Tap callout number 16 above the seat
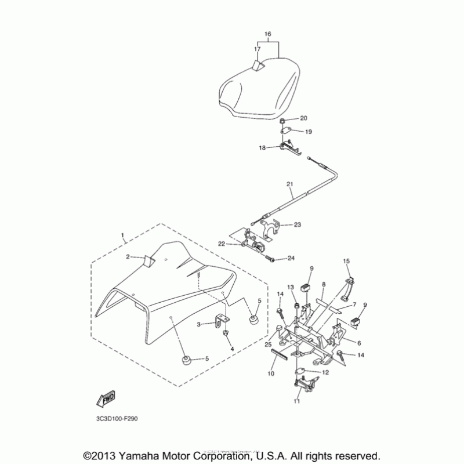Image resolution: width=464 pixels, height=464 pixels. [267, 34]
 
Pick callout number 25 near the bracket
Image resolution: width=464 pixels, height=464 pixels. [267, 345]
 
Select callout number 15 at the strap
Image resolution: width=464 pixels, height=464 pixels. [346, 262]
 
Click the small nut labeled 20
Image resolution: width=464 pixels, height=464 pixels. [282, 120]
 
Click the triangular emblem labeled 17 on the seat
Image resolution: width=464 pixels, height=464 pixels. [258, 67]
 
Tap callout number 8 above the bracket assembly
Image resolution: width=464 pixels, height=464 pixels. [324, 285]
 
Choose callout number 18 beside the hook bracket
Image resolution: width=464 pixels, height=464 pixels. [263, 148]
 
